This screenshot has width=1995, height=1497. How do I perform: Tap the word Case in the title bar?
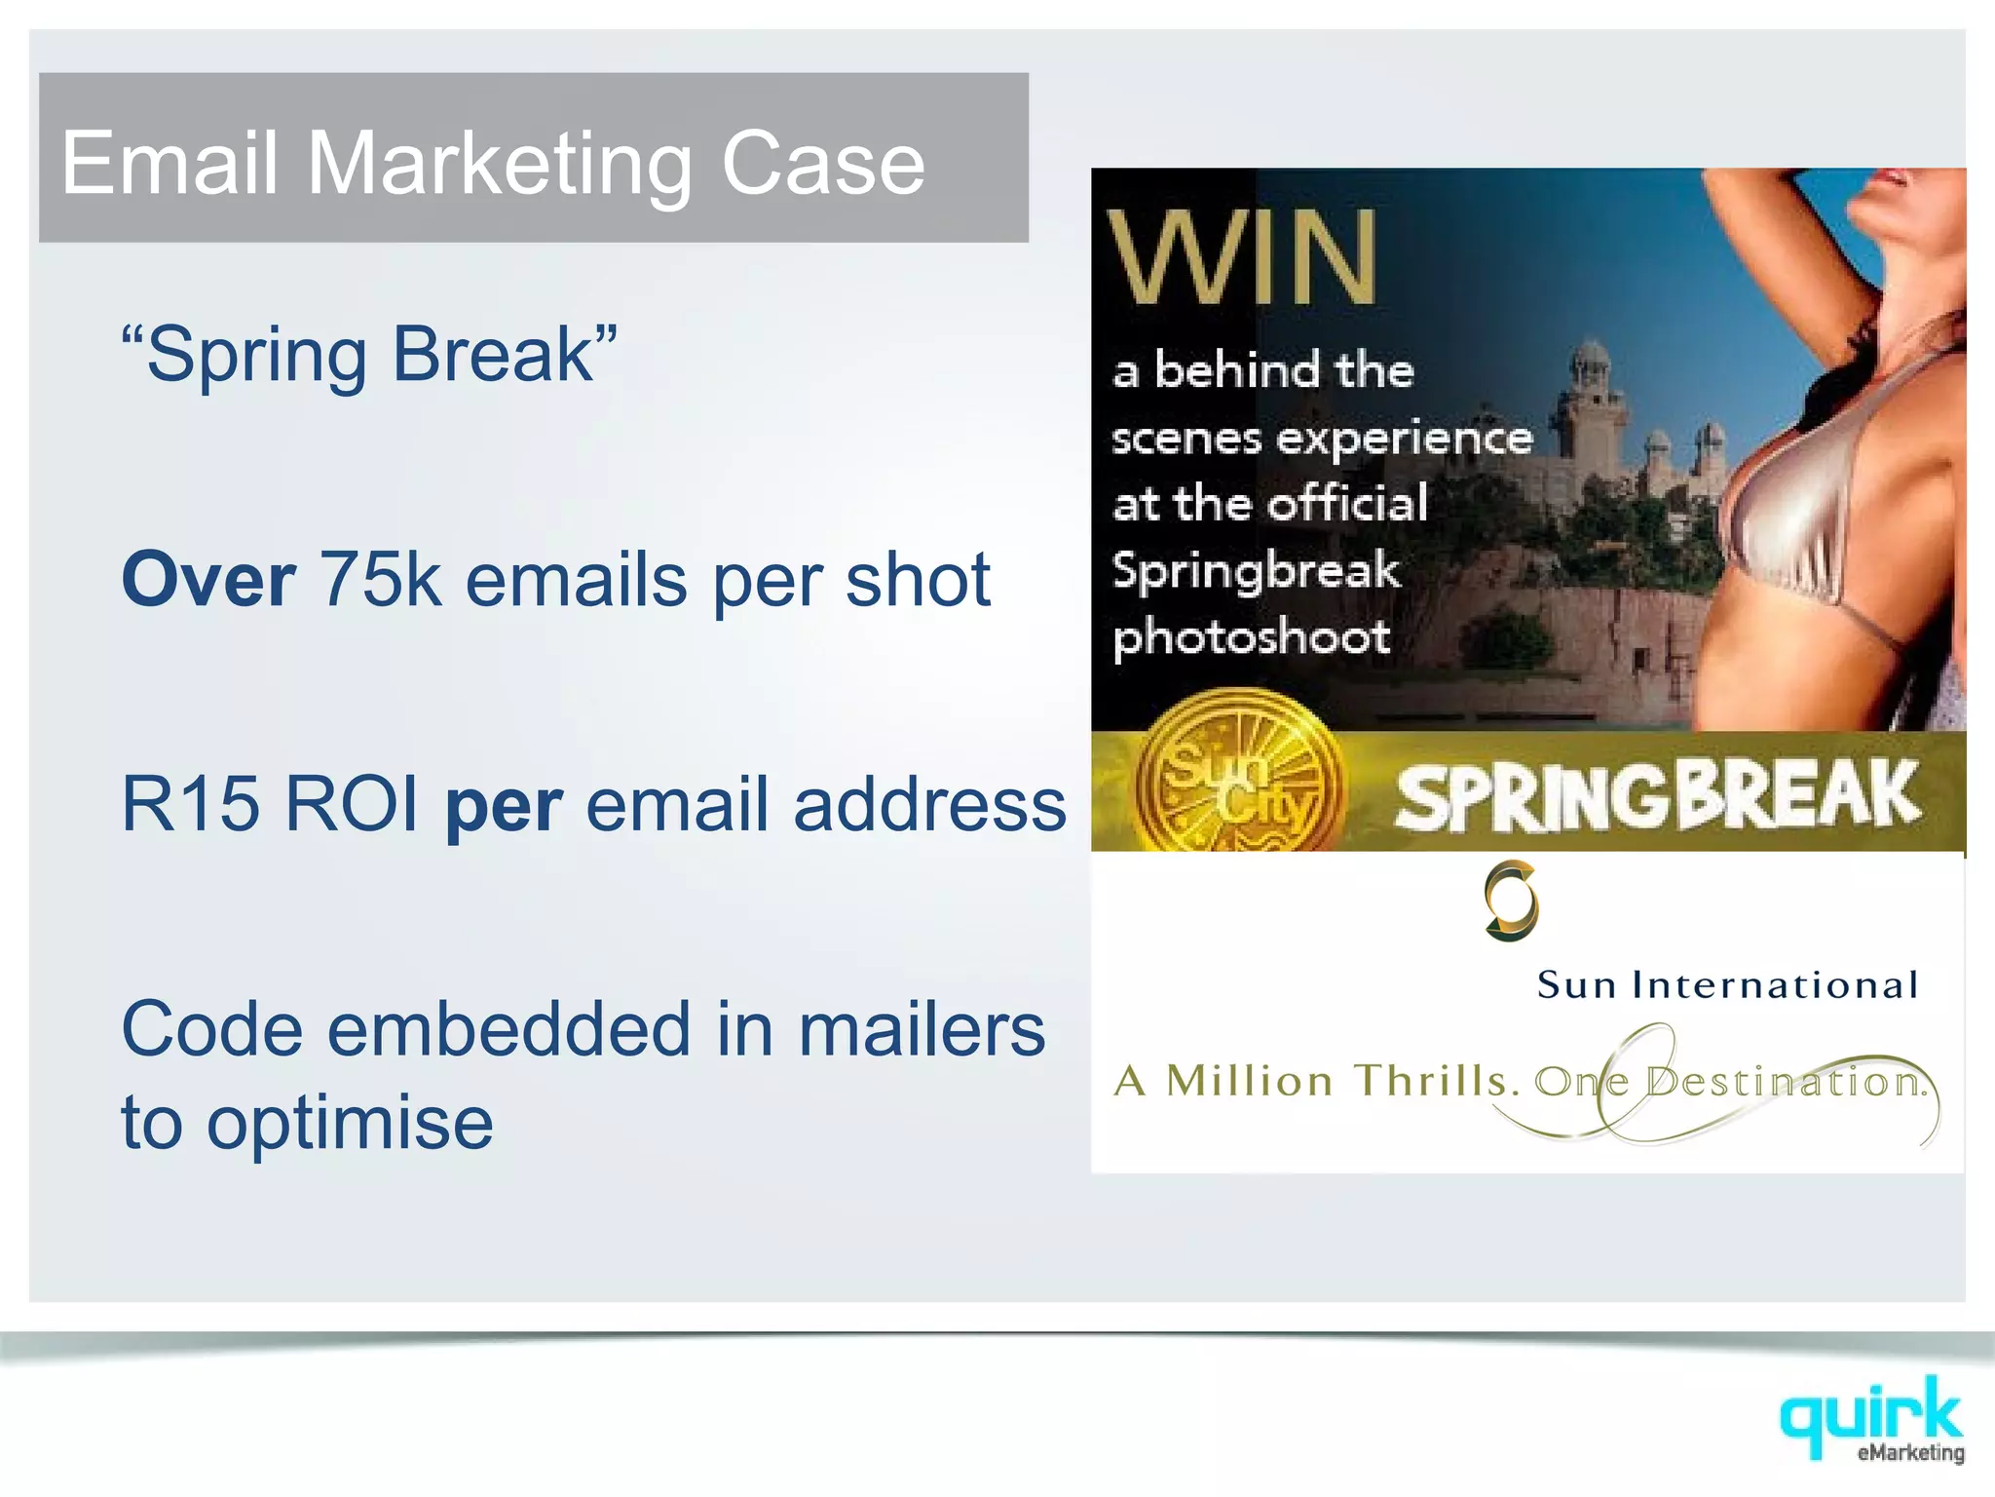[822, 164]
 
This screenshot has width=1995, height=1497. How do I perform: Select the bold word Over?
[208, 580]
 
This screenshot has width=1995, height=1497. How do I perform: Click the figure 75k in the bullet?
[380, 580]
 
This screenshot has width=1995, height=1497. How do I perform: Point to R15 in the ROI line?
[191, 804]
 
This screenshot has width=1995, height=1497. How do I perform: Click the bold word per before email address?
[504, 809]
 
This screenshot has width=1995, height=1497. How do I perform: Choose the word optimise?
[350, 1123]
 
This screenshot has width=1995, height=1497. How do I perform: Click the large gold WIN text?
[1243, 258]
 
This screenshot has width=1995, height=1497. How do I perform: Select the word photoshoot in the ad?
[1252, 638]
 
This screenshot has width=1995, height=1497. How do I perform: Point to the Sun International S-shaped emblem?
[1511, 901]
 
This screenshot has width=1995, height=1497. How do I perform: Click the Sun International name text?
[1727, 984]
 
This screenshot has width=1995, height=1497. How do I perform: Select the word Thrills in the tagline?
[1437, 1081]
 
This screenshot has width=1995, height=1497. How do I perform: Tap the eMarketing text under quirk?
[1910, 1453]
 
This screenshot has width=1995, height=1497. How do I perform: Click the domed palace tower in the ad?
[1590, 390]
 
